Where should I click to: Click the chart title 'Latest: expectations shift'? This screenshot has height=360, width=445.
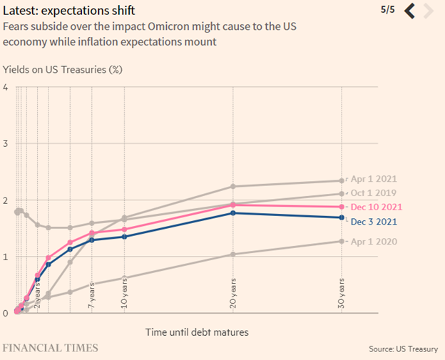coord(78,11)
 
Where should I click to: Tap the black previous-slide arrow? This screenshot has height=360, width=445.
coord(410,11)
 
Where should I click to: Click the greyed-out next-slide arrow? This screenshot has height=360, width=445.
coord(428,11)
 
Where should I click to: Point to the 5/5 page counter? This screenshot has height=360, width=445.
coord(388,10)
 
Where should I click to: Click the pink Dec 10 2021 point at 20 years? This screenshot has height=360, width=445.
coord(233,205)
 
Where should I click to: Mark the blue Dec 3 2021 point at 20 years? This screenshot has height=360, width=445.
coord(233,212)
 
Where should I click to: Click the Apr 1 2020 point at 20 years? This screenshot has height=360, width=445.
coord(233,254)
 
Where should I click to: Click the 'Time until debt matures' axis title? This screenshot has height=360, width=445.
coord(197,331)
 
